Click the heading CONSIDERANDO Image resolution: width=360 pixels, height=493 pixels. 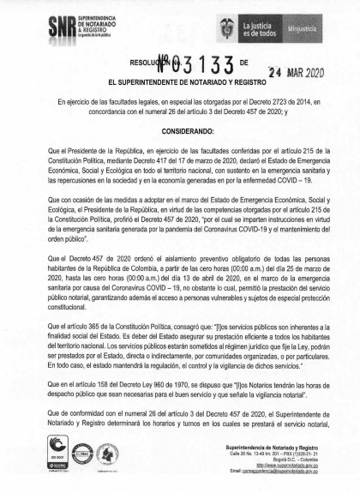pyautogui.click(x=180, y=133)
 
